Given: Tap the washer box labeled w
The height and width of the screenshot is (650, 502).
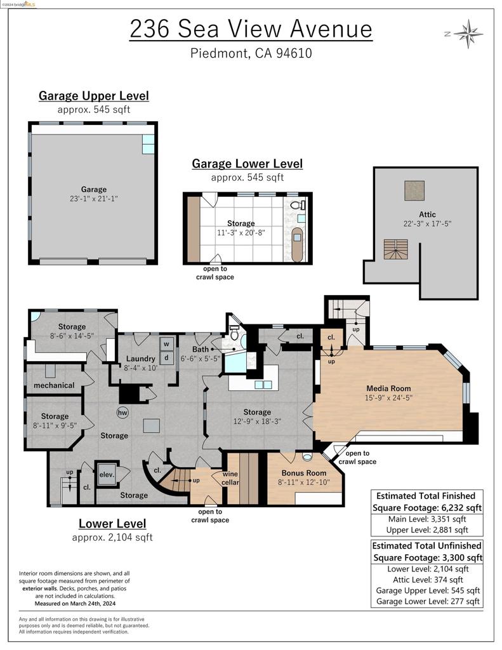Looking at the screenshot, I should click(x=167, y=343).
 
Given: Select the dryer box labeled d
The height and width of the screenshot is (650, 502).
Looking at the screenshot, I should click(x=167, y=357).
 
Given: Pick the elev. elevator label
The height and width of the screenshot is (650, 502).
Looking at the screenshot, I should click(x=106, y=473).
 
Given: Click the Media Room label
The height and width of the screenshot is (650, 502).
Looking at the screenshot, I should click(x=388, y=388).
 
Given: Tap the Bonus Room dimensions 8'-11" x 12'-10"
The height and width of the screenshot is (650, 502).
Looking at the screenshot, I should click(x=304, y=482).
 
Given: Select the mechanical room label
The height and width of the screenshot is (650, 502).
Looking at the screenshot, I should click(x=54, y=385).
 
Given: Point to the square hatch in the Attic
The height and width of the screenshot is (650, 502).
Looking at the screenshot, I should click(x=414, y=190).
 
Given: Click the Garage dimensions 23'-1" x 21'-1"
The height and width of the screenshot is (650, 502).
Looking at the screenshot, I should click(x=93, y=199).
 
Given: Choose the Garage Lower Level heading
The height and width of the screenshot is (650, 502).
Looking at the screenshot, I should click(x=247, y=164).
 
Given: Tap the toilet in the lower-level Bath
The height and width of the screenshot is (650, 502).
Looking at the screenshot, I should click(x=234, y=334).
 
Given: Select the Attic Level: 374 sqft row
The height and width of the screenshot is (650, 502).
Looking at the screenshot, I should click(x=427, y=580).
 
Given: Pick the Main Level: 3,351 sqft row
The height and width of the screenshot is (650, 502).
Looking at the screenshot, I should click(x=427, y=519).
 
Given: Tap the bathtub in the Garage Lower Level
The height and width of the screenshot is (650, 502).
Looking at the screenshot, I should click(x=296, y=247).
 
